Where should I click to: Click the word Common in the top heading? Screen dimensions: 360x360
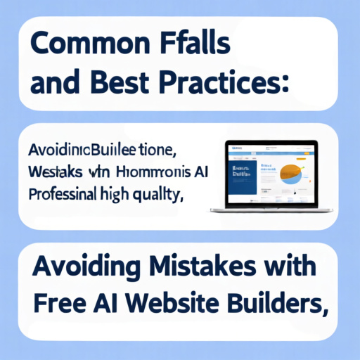click(x=78, y=46)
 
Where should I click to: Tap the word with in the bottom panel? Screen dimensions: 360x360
click(x=288, y=269)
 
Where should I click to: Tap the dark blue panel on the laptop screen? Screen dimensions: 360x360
click(x=240, y=180)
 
